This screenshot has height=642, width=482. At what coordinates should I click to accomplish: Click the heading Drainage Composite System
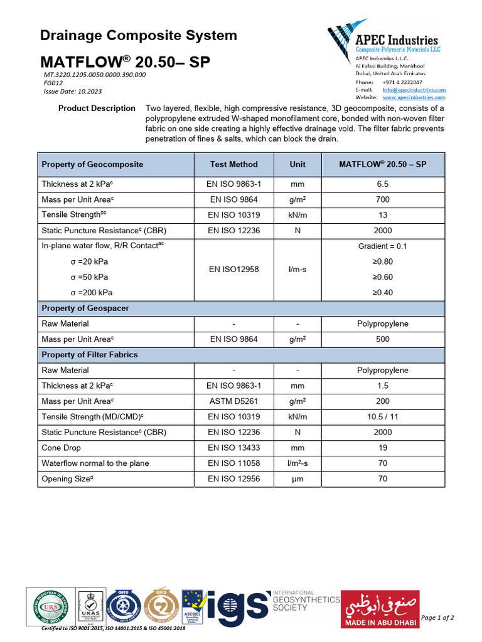138,36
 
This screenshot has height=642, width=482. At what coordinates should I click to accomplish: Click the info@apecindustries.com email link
414,90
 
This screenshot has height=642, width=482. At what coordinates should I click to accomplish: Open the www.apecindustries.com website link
414,97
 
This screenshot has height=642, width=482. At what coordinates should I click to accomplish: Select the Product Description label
97,108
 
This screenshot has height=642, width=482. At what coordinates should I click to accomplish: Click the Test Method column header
233,164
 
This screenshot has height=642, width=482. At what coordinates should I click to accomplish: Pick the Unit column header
297,164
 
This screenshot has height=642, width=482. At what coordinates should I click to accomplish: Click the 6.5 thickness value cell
382,184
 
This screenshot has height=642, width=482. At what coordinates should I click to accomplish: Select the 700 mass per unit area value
382,199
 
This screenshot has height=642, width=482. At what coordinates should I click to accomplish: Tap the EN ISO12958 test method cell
233,270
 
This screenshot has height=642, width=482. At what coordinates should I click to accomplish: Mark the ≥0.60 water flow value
382,277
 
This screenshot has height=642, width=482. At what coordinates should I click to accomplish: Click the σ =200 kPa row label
92,293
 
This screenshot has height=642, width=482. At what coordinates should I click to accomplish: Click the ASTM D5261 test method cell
233,401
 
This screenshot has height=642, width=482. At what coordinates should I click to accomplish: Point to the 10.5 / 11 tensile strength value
382,417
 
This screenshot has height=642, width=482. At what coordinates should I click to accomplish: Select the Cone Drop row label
62,448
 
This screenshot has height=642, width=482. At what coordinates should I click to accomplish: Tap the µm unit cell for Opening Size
297,479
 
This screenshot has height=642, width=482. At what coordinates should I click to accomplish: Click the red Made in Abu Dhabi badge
379,609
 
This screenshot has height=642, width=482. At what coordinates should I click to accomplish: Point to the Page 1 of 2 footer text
437,618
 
